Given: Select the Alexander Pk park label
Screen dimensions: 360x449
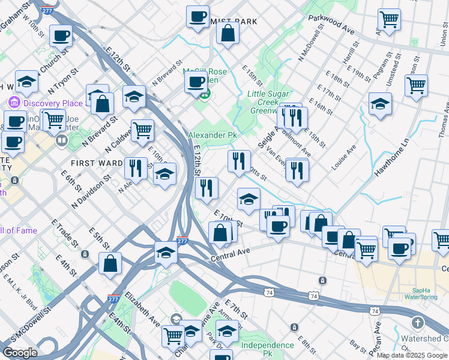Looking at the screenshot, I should pyautogui.click(x=212, y=136).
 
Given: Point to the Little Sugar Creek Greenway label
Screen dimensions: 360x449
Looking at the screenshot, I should pyautogui.click(x=269, y=102).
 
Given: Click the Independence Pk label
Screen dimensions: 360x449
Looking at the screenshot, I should pyautogui.click(x=268, y=346).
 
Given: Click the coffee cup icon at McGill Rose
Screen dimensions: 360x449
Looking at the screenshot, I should pyautogui.click(x=196, y=83).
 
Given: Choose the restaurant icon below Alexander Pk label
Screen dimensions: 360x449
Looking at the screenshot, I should pyautogui.click(x=239, y=161).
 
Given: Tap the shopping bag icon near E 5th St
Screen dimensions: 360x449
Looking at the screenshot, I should pyautogui.click(x=110, y=263).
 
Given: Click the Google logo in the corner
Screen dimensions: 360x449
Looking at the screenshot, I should pyautogui.click(x=20, y=353).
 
